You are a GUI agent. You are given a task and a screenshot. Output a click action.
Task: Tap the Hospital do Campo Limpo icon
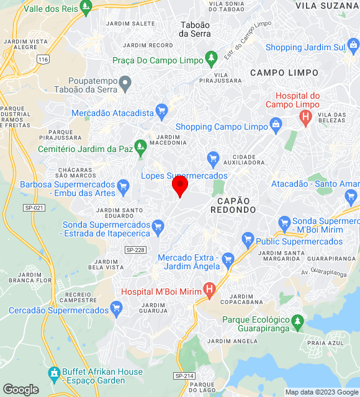(305, 118)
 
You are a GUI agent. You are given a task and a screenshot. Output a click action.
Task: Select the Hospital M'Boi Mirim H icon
(210, 290)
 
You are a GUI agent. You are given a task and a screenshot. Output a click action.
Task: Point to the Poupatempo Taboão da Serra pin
(125, 83)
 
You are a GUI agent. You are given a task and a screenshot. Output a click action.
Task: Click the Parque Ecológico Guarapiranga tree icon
(299, 321)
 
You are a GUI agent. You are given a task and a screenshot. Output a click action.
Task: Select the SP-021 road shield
(34, 207)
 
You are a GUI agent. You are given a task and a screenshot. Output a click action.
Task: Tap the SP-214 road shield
(184, 375)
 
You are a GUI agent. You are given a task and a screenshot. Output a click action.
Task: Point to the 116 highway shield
(42, 59)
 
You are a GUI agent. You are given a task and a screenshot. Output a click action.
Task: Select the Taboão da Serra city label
(194, 29)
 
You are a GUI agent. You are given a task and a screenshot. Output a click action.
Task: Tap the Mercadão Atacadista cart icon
(162, 112)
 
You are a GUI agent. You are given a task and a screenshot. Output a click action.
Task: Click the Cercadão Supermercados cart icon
(116, 309)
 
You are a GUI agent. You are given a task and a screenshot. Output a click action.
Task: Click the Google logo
(20, 390)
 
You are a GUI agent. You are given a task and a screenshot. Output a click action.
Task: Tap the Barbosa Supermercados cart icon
(124, 185)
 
